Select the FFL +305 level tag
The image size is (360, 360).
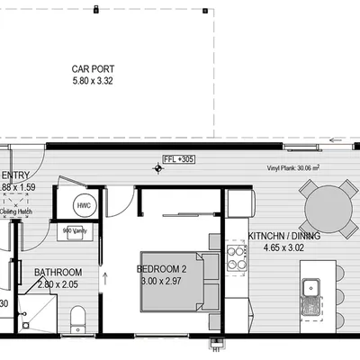click(179, 159)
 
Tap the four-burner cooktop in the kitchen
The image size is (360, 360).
click(238, 258)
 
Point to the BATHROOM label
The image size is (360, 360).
click(58, 273)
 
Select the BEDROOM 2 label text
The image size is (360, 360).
click(162, 269)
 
